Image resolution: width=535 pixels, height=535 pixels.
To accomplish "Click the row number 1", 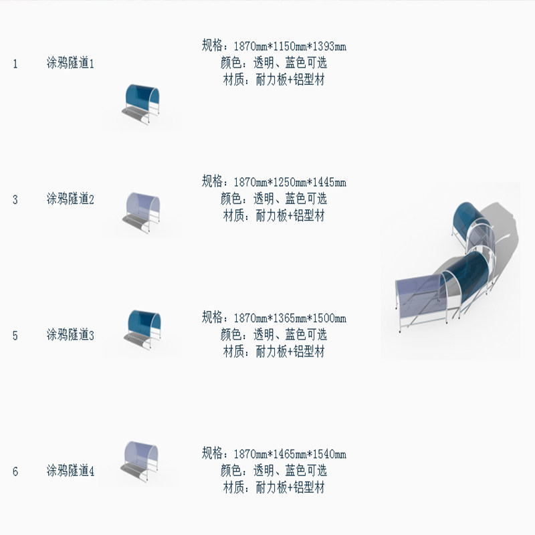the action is coord(15,64).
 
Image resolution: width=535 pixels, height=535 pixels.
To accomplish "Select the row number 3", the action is coord(15,199).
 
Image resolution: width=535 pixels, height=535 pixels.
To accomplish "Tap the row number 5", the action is coord(15,336).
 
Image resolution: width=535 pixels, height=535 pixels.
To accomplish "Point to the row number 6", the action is coord(15,471).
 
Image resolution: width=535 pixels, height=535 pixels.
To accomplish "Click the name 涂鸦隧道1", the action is coord(70,64).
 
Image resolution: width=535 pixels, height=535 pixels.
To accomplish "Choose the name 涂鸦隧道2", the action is coord(70,199).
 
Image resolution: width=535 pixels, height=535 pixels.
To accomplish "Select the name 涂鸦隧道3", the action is coord(70,335).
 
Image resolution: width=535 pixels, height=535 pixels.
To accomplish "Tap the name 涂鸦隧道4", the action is coord(70,471).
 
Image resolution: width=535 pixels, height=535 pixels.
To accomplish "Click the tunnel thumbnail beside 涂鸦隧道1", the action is coord(142,104).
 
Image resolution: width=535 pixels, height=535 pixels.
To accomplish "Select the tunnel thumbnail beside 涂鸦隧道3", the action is coord(142,328).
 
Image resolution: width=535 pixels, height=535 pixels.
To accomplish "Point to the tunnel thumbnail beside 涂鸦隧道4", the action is coord(142,461).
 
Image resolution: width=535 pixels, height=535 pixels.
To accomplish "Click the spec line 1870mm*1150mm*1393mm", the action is coord(274,46).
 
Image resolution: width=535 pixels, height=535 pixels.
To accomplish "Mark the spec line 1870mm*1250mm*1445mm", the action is coord(274,182).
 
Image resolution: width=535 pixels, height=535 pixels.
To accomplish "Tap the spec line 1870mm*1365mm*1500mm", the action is coord(274,318).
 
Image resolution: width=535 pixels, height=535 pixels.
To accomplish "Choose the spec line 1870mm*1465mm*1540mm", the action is coord(274,454).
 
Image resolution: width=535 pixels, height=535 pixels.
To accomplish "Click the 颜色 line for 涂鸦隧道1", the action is coord(274,64).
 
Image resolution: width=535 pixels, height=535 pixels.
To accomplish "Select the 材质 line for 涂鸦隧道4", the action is coord(274,488).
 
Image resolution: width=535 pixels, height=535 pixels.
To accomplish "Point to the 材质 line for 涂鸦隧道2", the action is coord(274,216).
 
